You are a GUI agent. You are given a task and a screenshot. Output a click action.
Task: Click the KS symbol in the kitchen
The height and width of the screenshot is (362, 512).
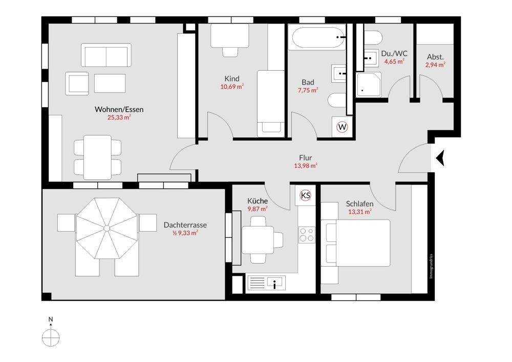pos(305,196)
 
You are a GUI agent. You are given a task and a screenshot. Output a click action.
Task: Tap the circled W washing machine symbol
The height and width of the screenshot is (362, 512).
pos(342,127)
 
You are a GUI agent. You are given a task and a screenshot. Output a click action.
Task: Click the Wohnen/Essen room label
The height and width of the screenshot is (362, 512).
pos(119,109)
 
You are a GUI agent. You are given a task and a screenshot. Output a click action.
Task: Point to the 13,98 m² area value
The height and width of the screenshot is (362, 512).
pos(306,166)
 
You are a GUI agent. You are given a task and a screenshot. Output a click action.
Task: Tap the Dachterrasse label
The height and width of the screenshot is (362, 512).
pos(185,225)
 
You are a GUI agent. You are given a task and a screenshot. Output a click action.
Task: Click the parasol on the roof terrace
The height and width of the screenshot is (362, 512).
pos(107,228)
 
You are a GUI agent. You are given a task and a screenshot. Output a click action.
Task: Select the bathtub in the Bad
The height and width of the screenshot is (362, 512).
pos(319,37)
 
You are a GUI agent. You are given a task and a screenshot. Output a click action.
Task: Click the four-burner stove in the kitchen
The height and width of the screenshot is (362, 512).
pos(307,235)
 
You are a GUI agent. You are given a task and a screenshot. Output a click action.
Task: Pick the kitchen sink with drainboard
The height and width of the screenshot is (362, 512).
pos(266,283)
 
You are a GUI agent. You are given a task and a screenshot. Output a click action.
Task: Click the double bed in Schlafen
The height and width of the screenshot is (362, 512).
pos(356,243)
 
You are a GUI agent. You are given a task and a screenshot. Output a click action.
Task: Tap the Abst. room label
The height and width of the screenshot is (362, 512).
pos(435,57)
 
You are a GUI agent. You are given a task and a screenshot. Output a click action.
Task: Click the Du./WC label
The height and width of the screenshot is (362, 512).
pos(394,54)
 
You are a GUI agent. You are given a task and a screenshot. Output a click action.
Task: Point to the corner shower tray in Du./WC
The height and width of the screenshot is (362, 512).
pos(369,85)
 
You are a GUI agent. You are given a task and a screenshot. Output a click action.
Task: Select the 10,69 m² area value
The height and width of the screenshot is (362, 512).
pos(232,87)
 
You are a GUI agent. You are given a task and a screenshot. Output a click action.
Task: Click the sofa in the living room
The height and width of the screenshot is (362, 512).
pos(106,55)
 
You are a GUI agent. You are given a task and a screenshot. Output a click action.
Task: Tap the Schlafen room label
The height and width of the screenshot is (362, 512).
pos(360,204)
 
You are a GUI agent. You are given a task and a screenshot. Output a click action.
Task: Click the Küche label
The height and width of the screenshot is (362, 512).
pos(258,201)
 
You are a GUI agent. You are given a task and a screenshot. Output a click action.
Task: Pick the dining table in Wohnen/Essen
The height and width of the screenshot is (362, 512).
pos(98,157)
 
